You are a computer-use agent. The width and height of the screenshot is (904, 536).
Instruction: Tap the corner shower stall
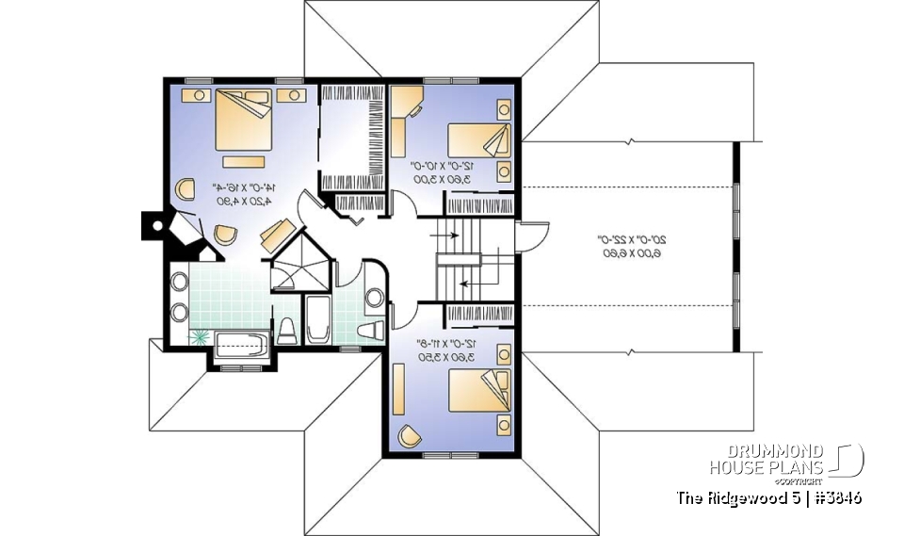(x=299, y=268)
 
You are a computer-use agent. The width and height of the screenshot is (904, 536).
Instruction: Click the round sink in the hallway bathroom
(x=374, y=299)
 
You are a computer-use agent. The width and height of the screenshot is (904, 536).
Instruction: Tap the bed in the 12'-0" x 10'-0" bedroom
(x=480, y=141)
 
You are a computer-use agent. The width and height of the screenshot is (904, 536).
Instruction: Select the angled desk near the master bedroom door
(x=278, y=232)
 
